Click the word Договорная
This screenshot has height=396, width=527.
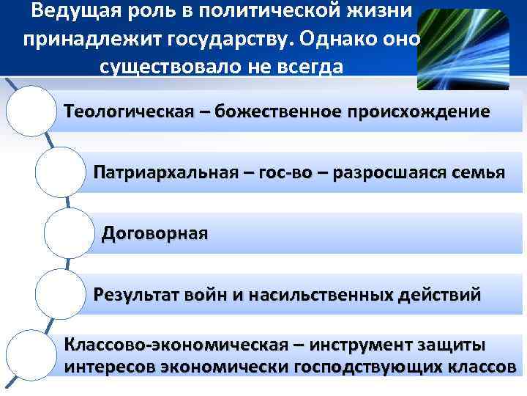[x=154, y=234]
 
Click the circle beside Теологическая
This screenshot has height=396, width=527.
[x=31, y=111]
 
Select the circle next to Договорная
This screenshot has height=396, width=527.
[x=70, y=234]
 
